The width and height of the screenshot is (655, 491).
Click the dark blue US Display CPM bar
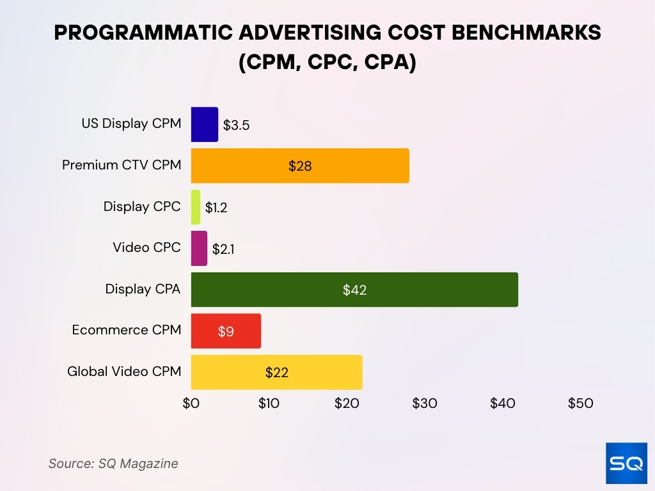(x=204, y=124)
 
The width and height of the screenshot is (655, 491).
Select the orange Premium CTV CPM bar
(x=299, y=166)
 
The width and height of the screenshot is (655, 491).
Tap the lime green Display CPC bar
(x=195, y=207)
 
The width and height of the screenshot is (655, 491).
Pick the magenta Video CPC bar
(x=199, y=248)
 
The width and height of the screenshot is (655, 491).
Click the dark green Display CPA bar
(x=354, y=290)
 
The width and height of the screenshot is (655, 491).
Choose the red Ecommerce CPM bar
(x=226, y=331)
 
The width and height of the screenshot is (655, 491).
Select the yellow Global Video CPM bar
(x=276, y=372)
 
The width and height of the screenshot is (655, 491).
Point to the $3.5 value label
(x=236, y=125)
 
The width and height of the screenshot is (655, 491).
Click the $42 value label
(x=354, y=290)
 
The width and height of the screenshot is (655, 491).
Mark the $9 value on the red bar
(x=226, y=331)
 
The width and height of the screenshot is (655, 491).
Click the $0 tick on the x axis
(x=191, y=403)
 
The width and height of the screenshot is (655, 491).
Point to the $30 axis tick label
(x=425, y=403)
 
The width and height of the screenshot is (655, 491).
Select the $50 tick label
(x=580, y=403)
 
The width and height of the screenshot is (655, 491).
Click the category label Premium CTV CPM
(x=122, y=165)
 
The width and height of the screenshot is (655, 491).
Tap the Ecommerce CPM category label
(x=127, y=330)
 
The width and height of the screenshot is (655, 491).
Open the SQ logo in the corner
(x=626, y=463)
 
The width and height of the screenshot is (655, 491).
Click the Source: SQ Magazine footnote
(x=113, y=464)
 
